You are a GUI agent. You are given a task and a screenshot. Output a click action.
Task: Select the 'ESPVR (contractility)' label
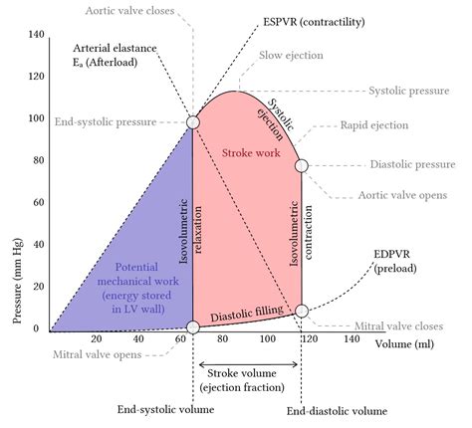[286, 20]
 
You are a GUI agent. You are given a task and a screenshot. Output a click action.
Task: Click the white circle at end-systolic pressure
[192, 122]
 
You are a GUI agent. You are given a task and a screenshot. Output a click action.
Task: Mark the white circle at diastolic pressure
[302, 165]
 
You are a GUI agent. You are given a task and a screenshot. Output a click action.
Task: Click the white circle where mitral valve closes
[302, 312]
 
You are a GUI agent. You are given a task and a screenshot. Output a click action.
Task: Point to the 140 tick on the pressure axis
[37, 35]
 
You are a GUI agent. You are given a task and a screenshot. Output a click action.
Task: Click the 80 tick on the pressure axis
[37, 160]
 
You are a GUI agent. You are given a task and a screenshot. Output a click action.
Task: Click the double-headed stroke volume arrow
[246, 364]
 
